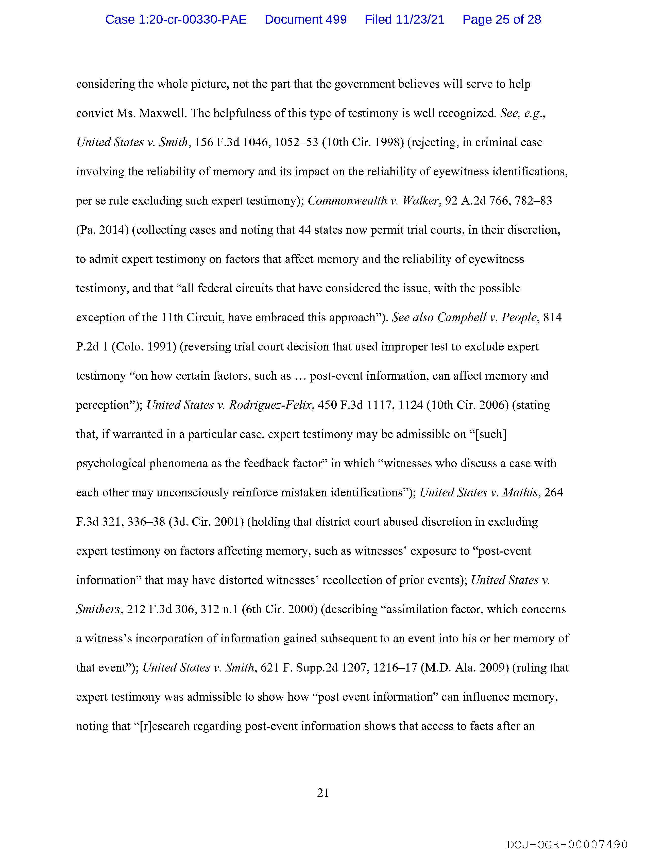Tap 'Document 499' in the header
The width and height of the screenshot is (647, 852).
305,19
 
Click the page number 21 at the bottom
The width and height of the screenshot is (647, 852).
323,793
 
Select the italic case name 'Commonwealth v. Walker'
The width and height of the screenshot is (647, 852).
373,201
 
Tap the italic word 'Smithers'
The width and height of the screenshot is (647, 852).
98,609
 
